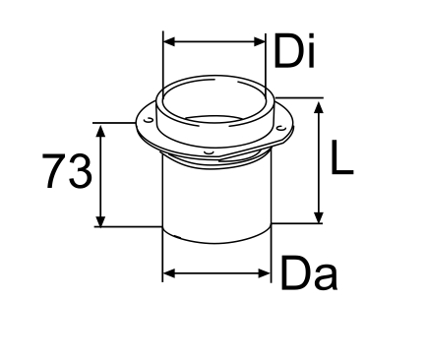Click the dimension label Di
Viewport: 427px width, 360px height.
294,51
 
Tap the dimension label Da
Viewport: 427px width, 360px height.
309,273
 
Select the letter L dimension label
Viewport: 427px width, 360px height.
342,157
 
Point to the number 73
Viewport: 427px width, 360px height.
67,171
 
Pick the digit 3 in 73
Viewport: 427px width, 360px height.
81,171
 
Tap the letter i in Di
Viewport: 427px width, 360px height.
311,51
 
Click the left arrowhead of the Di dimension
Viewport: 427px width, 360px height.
168,41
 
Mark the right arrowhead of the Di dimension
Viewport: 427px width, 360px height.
260,41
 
